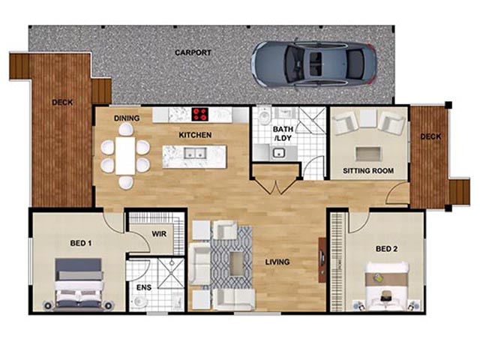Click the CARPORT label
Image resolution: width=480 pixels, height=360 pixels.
point(193,52)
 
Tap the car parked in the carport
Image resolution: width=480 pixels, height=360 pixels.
point(313,64)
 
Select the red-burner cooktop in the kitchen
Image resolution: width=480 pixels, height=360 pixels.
point(200,115)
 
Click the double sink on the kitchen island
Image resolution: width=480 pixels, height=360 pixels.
point(195,153)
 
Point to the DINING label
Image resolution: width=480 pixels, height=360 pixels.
point(127,118)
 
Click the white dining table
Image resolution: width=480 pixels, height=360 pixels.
point(125,156)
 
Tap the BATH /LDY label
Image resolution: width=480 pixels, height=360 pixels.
point(283,133)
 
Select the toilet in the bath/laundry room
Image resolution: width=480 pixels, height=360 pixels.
point(264,115)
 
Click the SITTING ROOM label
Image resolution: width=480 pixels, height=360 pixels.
point(368,171)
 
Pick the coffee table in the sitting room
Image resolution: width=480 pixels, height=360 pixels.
point(368,154)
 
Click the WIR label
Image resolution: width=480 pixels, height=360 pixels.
point(159,234)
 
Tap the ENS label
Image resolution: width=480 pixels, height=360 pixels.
point(144,287)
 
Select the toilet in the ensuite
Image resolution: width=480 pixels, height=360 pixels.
point(140,301)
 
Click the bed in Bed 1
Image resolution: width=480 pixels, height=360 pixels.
point(79,285)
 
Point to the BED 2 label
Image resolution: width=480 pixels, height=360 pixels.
point(387,249)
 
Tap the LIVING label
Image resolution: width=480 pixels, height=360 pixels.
point(277,262)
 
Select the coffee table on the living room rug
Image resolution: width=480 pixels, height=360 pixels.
point(237,264)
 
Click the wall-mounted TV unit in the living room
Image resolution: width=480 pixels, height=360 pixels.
point(322,259)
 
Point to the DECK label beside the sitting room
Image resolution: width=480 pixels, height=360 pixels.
point(430,136)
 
